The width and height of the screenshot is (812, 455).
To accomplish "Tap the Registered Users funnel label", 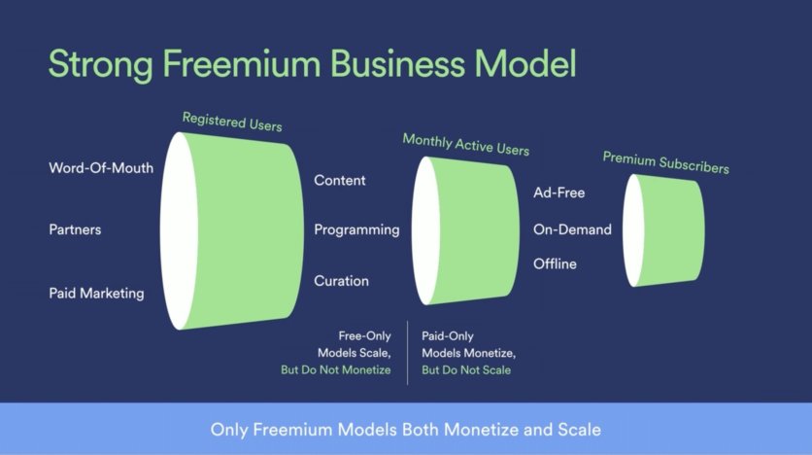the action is click(x=232, y=122).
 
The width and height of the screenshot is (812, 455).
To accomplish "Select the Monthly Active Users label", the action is click(x=466, y=145).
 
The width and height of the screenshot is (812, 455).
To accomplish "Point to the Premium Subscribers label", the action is click(x=666, y=162).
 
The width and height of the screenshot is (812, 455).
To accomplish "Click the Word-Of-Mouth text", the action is click(x=101, y=168).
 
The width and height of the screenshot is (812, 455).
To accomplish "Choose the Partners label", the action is click(x=75, y=229).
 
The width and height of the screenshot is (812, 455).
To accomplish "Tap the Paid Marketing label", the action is click(x=96, y=294).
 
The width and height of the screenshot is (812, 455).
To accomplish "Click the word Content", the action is click(x=340, y=180).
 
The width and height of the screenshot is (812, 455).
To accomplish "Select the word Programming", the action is click(x=356, y=229).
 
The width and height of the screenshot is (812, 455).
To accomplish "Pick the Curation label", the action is click(x=341, y=281).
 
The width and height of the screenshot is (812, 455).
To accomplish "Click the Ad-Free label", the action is click(x=559, y=192).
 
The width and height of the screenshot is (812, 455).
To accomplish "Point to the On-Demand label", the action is click(x=572, y=229).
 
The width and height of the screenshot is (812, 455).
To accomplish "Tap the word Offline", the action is click(x=555, y=263).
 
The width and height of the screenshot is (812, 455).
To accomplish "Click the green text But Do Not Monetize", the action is click(x=335, y=370).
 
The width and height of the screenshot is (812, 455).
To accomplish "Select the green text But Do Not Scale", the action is click(x=466, y=370).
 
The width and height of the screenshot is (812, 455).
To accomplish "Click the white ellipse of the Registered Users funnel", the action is click(x=179, y=231).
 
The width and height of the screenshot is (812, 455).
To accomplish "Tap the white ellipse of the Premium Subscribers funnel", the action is click(x=633, y=230).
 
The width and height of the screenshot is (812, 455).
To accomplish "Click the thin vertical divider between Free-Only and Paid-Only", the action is click(x=408, y=353).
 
